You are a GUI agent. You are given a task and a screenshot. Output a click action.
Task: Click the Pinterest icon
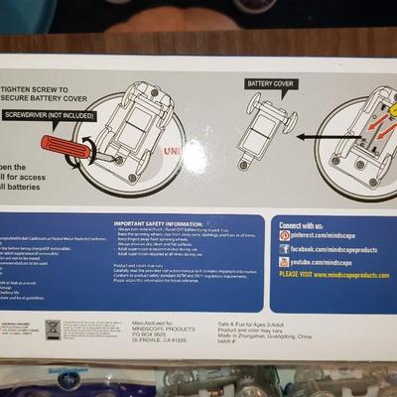point(285,235)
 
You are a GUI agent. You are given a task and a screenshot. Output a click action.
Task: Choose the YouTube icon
point(285,261)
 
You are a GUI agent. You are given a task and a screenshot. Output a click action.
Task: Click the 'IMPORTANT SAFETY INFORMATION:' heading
point(164,224)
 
